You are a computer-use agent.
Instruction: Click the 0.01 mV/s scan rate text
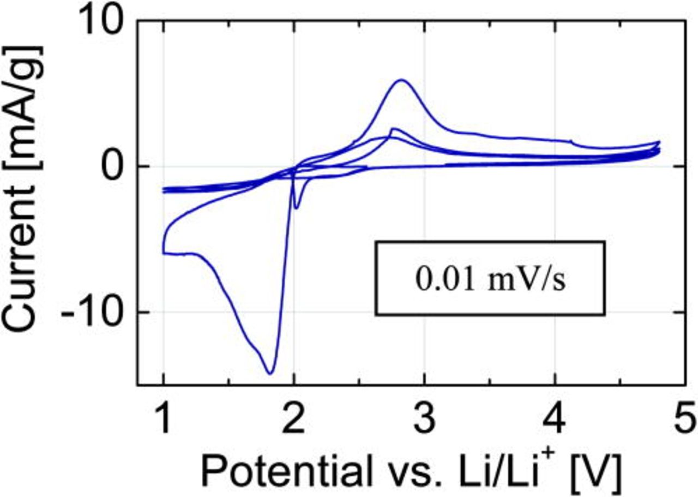pyautogui.click(x=490, y=279)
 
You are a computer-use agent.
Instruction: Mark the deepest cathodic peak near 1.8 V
pyautogui.click(x=270, y=373)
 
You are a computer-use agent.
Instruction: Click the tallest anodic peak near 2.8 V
pyautogui.click(x=402, y=80)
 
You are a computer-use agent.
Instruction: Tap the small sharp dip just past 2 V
pyautogui.click(x=296, y=208)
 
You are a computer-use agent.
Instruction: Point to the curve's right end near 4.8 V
pyautogui.click(x=659, y=142)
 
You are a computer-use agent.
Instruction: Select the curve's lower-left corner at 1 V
pyautogui.click(x=164, y=253)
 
